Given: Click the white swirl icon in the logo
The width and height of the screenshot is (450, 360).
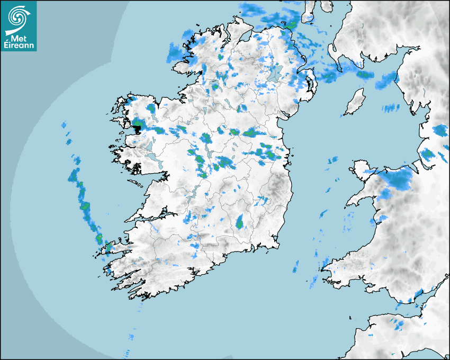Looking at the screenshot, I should click(x=17, y=16).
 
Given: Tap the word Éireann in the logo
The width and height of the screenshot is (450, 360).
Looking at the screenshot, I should click(x=19, y=46).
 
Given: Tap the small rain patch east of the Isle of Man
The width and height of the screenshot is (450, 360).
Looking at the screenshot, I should click(x=392, y=108).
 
